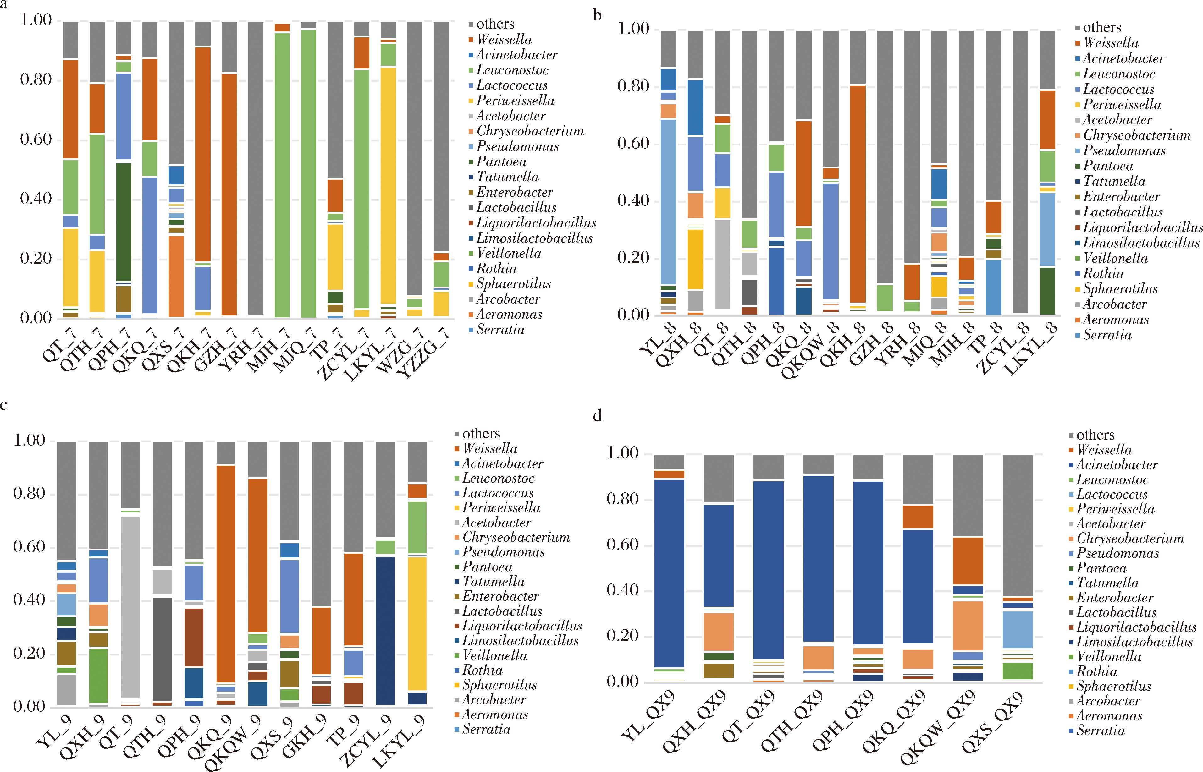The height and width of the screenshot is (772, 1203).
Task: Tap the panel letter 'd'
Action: click(x=597, y=416)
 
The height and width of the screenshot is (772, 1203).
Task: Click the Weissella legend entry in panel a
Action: click(x=504, y=40)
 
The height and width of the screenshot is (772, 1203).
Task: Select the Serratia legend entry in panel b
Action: click(x=1107, y=335)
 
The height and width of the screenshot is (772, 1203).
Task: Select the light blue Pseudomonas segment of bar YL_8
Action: click(x=668, y=200)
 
